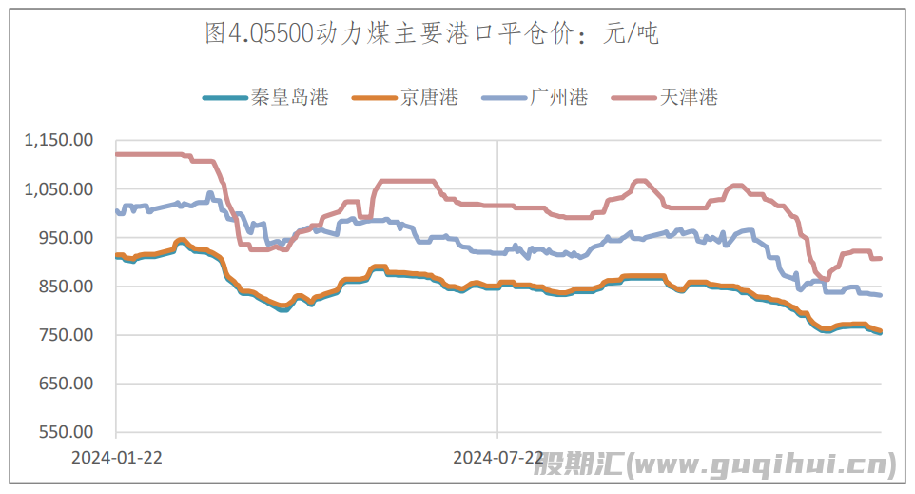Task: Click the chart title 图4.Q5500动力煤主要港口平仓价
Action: point(390,35)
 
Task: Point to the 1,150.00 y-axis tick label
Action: point(59,141)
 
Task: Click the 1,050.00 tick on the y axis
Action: point(59,189)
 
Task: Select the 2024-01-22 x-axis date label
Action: point(117,458)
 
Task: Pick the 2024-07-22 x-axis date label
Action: point(498,458)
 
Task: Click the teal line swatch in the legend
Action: point(224,97)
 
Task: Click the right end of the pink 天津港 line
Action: point(880,258)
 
